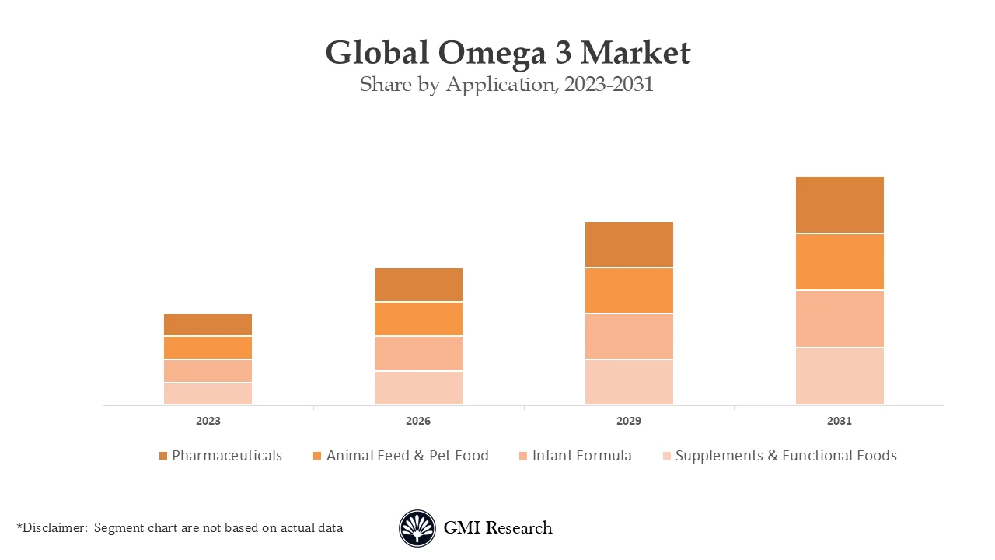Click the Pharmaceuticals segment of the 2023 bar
pos(208,324)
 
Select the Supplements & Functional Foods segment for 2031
pos(840,376)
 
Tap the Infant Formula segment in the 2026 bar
pos(418,353)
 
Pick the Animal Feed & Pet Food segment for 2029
pos(629,290)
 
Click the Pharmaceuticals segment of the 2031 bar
pos(840,205)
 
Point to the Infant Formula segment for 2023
pos(208,370)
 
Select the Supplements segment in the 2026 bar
pos(418,387)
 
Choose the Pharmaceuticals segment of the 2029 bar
pos(629,244)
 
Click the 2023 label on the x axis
pos(208,421)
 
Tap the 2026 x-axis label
pos(418,421)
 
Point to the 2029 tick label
pos(629,421)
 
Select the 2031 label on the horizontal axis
pos(840,421)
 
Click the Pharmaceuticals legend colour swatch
pos(163,456)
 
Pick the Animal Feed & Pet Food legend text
pos(407,456)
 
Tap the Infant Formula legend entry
pos(581,456)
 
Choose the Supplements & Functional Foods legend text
pos(786,456)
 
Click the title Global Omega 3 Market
pos(508,53)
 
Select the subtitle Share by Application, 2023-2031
pos(507,84)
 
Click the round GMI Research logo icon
pos(417,528)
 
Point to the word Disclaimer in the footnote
pos(54,527)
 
